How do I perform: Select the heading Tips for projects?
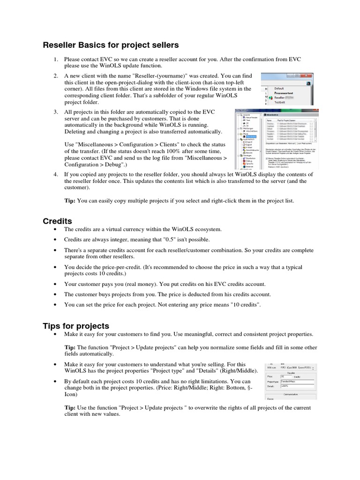[76, 326]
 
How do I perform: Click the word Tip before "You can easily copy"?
[70, 201]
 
